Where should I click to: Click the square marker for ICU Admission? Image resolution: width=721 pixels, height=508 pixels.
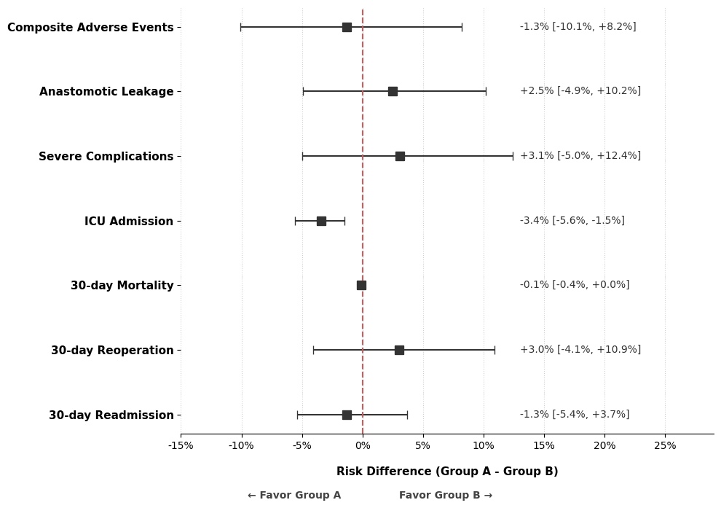[x=321, y=221]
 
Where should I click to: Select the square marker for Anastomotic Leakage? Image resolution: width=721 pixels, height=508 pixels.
[x=393, y=91]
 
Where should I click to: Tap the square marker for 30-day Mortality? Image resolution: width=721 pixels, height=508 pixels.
[x=361, y=285]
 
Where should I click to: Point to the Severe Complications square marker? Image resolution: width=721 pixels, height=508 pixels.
[x=400, y=156]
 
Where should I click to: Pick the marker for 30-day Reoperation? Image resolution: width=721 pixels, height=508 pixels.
[x=399, y=350]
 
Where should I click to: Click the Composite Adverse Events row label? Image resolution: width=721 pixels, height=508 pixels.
[x=90, y=28]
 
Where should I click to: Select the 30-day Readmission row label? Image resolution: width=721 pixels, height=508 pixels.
[x=111, y=415]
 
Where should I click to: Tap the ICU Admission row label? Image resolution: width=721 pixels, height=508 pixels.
[x=128, y=222]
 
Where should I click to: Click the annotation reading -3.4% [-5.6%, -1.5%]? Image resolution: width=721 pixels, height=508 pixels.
[x=572, y=221]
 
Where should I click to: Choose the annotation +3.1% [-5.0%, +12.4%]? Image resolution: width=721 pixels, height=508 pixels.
[x=580, y=156]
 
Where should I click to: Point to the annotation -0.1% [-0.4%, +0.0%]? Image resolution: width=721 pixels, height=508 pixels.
[x=574, y=285]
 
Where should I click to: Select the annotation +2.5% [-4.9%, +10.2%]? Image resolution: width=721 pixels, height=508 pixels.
[x=580, y=91]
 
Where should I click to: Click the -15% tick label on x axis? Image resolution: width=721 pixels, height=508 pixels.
[x=181, y=446]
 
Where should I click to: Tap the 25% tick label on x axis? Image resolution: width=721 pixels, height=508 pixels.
[x=664, y=446]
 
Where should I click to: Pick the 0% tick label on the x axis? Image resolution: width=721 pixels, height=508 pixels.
[x=363, y=446]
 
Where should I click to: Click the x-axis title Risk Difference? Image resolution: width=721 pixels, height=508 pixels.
[x=446, y=472]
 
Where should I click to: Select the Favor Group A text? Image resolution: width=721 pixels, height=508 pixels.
[x=294, y=496]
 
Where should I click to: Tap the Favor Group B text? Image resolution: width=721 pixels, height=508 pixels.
[x=445, y=496]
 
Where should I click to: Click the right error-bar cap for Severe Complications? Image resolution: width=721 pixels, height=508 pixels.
[x=513, y=156]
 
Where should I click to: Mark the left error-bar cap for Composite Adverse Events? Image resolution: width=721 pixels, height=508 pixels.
[x=241, y=27]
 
